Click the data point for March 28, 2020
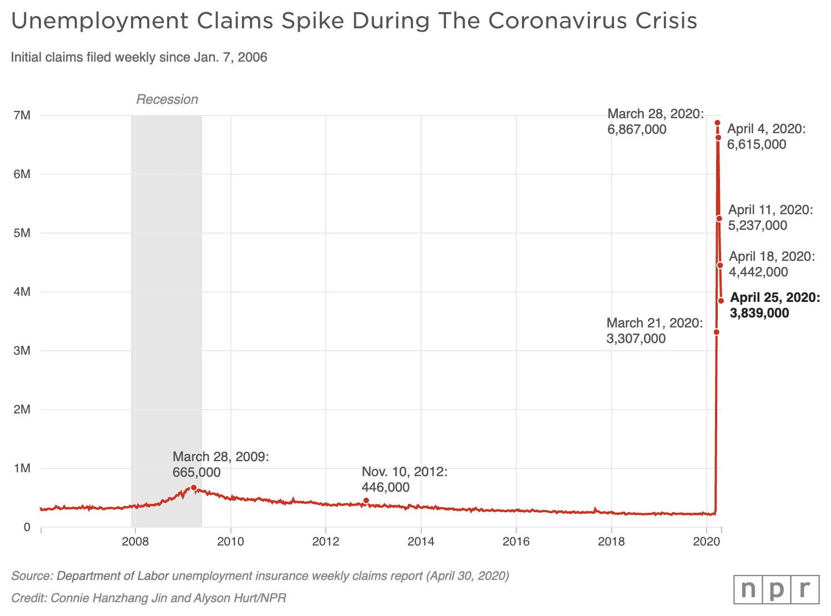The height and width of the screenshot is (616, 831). pos(717,123)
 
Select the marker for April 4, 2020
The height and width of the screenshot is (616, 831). pos(718,137)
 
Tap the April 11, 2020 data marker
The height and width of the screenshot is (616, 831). pos(719,219)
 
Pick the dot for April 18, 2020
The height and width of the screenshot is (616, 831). pos(720,265)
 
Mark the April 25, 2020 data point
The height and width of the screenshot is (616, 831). pos(721,301)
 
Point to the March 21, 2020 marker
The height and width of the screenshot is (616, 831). pos(716,332)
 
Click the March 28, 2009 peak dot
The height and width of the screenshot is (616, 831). pos(193,487)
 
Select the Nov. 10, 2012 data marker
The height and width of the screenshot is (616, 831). pos(366,501)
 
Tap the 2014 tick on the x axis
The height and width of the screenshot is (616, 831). pos(421,542)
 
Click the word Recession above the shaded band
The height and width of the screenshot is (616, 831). pos(167,99)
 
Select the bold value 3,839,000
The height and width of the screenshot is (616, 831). pos(759,313)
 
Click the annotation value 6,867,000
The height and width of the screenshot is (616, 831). pos(637,129)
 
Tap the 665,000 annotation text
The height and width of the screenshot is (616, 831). pos(197,472)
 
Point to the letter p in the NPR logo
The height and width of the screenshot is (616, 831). pos(776,589)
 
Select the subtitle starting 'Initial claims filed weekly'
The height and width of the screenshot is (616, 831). pos(139,57)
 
